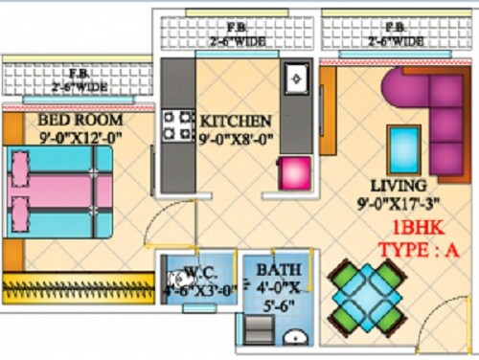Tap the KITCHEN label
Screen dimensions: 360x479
[236, 121]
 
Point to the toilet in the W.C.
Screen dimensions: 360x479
[173, 284]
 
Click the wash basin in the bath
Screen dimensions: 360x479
[296, 335]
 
